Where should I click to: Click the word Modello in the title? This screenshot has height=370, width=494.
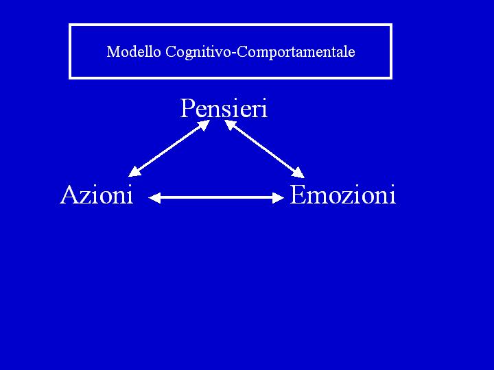pos(134,52)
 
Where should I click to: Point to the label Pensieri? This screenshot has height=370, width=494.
pos(224,108)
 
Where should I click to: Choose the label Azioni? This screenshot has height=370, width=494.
pos(96,195)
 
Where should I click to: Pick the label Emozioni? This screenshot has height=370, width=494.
pos(342,195)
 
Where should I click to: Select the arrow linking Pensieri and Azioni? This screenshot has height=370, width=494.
pos(169,148)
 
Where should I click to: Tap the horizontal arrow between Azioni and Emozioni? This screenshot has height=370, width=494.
pos(216,198)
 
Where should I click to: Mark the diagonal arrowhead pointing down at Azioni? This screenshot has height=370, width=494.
pos(134,172)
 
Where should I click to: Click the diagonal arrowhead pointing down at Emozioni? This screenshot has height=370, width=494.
pos(298,172)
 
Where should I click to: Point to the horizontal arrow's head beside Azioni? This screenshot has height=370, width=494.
pos(154,198)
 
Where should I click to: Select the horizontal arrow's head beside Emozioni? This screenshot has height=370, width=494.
pos(278,198)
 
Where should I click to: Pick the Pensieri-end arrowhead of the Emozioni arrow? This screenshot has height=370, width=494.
pos(230,124)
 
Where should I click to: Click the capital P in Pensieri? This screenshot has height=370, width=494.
pos(187,108)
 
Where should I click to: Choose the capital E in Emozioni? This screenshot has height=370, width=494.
pos(298,195)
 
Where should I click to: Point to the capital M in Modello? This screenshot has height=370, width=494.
pos(113,52)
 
